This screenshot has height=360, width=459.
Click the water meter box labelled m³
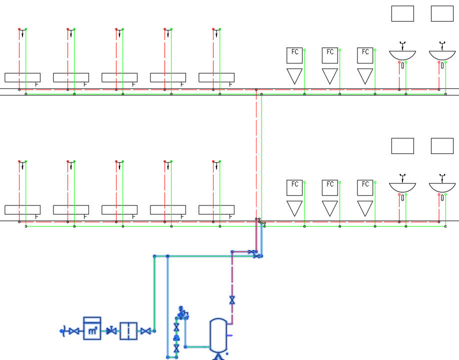[92, 328]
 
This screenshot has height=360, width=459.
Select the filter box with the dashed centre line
[128, 331]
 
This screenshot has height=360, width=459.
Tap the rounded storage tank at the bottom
[218, 335]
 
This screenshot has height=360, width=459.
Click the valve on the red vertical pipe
[232, 300]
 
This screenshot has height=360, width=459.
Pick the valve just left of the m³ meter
[74, 331]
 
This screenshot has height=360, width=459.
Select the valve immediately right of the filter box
[145, 331]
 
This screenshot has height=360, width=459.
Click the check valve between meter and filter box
[111, 330]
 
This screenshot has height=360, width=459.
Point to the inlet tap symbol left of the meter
[62, 331]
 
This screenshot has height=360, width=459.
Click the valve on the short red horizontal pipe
[251, 251]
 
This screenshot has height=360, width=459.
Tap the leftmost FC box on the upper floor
[294, 55]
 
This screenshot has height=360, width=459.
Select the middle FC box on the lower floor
[330, 187]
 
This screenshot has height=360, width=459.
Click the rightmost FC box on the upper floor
[365, 55]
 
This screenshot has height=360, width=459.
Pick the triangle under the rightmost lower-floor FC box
[365, 208]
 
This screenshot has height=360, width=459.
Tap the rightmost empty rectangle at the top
[442, 13]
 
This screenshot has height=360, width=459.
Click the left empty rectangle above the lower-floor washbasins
[402, 146]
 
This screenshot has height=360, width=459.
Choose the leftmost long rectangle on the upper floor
[22, 77]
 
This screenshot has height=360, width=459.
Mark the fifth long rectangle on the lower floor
[216, 210]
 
